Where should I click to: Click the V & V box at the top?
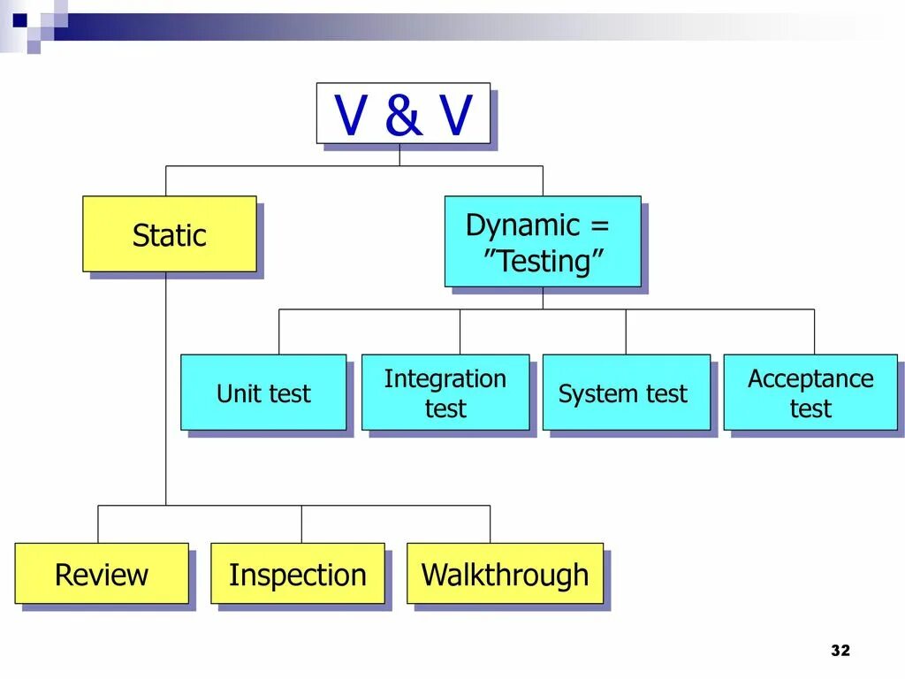tap(403, 113)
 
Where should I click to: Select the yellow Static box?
tap(170, 234)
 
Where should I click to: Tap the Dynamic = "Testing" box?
tap(542, 241)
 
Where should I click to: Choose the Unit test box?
tap(263, 393)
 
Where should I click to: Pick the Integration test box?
tap(445, 393)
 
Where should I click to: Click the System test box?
tap(626, 393)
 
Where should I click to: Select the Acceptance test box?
tap(810, 393)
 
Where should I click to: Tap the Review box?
tap(102, 574)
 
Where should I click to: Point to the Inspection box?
tap(298, 574)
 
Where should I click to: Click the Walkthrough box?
tap(505, 574)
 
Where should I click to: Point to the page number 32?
tap(840, 651)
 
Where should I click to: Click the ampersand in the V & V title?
tap(403, 115)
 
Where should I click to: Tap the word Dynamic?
tap(522, 225)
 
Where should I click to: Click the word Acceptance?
tap(810, 378)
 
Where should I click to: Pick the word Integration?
tap(445, 378)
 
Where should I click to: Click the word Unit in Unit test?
tap(236, 393)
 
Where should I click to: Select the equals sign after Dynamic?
tap(599, 225)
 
